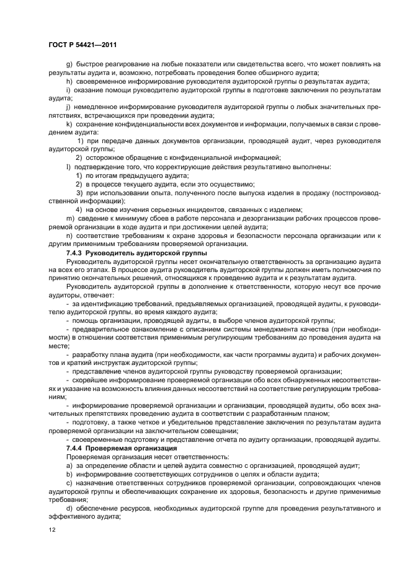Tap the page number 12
tap(52, 529)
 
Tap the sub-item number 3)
tap(79, 193)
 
